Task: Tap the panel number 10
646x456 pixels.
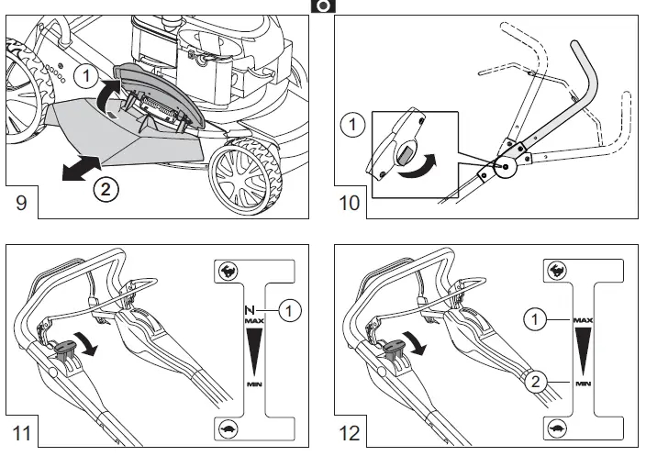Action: click(x=351, y=203)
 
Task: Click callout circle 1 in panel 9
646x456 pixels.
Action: click(x=84, y=72)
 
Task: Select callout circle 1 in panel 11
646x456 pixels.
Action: click(x=290, y=312)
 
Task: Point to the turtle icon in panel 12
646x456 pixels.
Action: click(x=556, y=428)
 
